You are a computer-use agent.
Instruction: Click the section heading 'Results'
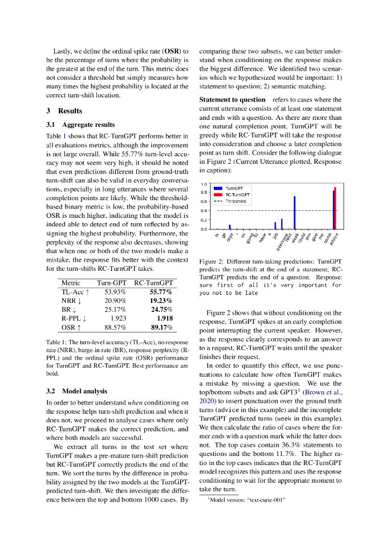[70, 111]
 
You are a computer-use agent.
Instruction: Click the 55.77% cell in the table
[161, 292]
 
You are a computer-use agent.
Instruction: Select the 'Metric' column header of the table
[71, 283]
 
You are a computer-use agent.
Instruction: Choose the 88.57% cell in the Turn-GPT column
[115, 327]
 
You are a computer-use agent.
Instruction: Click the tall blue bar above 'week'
[294, 212]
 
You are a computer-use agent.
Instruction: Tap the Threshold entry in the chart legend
[236, 201]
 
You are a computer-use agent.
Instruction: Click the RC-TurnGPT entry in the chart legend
[237, 195]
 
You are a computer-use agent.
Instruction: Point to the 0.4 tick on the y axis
[204, 211]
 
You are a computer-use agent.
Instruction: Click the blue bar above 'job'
[275, 225]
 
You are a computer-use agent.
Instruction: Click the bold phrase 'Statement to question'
[232, 100]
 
